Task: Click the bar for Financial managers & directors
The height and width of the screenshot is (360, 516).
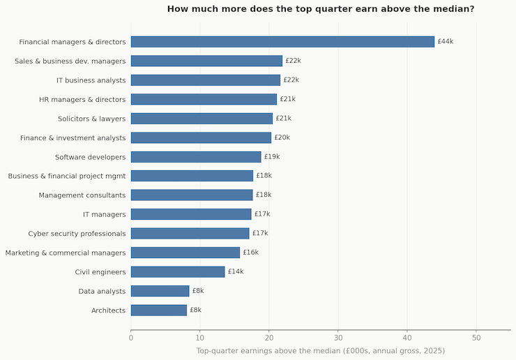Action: (282, 42)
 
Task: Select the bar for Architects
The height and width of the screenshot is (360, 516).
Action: (159, 310)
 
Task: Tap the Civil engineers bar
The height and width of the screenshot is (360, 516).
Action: (178, 271)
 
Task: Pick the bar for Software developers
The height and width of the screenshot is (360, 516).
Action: (196, 157)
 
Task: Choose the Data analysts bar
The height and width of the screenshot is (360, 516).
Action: (160, 291)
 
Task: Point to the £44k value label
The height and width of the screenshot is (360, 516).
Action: (446, 42)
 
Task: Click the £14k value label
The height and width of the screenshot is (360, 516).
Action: (236, 271)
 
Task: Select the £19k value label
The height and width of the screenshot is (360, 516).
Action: (272, 157)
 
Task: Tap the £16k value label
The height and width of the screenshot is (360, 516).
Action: (251, 253)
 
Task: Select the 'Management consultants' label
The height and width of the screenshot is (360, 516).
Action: (82, 195)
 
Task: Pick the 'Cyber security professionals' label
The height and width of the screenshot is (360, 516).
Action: (77, 234)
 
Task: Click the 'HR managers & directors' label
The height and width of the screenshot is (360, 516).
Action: (82, 100)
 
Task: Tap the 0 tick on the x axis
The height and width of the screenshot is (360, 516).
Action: (131, 338)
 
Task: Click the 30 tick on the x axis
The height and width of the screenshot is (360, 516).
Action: (338, 338)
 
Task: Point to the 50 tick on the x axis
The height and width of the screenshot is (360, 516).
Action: (476, 338)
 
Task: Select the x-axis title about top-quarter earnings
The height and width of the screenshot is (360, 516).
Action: (320, 351)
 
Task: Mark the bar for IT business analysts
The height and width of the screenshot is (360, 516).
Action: (206, 80)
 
